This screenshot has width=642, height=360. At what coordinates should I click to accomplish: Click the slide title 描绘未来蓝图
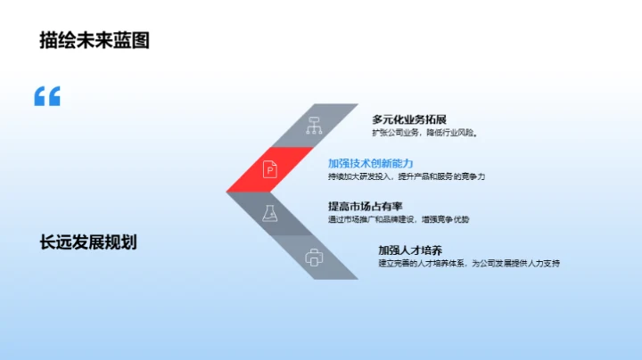click(95, 40)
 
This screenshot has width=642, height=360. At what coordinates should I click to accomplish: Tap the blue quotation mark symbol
click(47, 96)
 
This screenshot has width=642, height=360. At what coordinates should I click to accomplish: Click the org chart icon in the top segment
click(313, 126)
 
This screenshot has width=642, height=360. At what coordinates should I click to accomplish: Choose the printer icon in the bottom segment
click(313, 258)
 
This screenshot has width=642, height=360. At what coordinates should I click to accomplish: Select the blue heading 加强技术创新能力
click(371, 163)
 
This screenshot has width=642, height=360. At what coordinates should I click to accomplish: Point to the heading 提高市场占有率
click(365, 206)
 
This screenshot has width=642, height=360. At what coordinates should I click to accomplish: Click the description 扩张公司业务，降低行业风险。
click(425, 134)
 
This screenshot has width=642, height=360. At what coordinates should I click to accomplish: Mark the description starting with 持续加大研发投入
click(406, 177)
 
